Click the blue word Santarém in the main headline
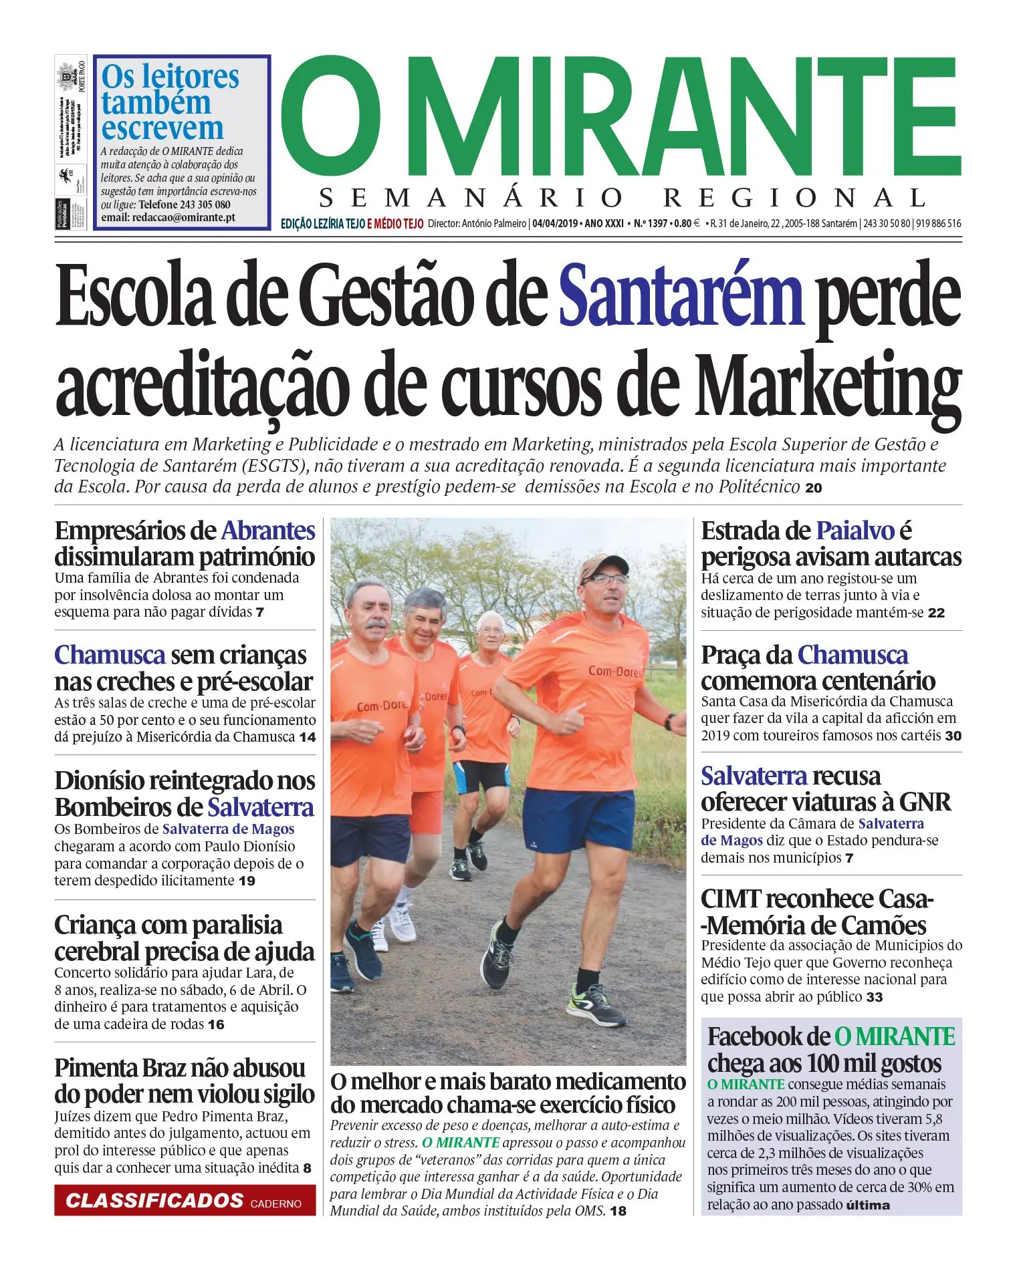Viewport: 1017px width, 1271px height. click(680, 296)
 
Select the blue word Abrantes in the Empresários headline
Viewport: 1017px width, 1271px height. click(267, 531)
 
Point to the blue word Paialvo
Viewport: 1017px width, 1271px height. click(855, 531)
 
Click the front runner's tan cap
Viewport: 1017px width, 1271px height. click(600, 567)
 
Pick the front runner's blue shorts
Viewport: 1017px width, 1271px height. click(578, 819)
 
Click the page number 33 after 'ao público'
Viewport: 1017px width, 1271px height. click(875, 998)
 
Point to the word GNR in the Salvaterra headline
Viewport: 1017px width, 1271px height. click(925, 802)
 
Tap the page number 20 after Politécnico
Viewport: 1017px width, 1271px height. click(814, 488)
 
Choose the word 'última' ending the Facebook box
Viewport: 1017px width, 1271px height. click(868, 1206)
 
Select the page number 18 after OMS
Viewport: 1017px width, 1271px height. click(618, 1212)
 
